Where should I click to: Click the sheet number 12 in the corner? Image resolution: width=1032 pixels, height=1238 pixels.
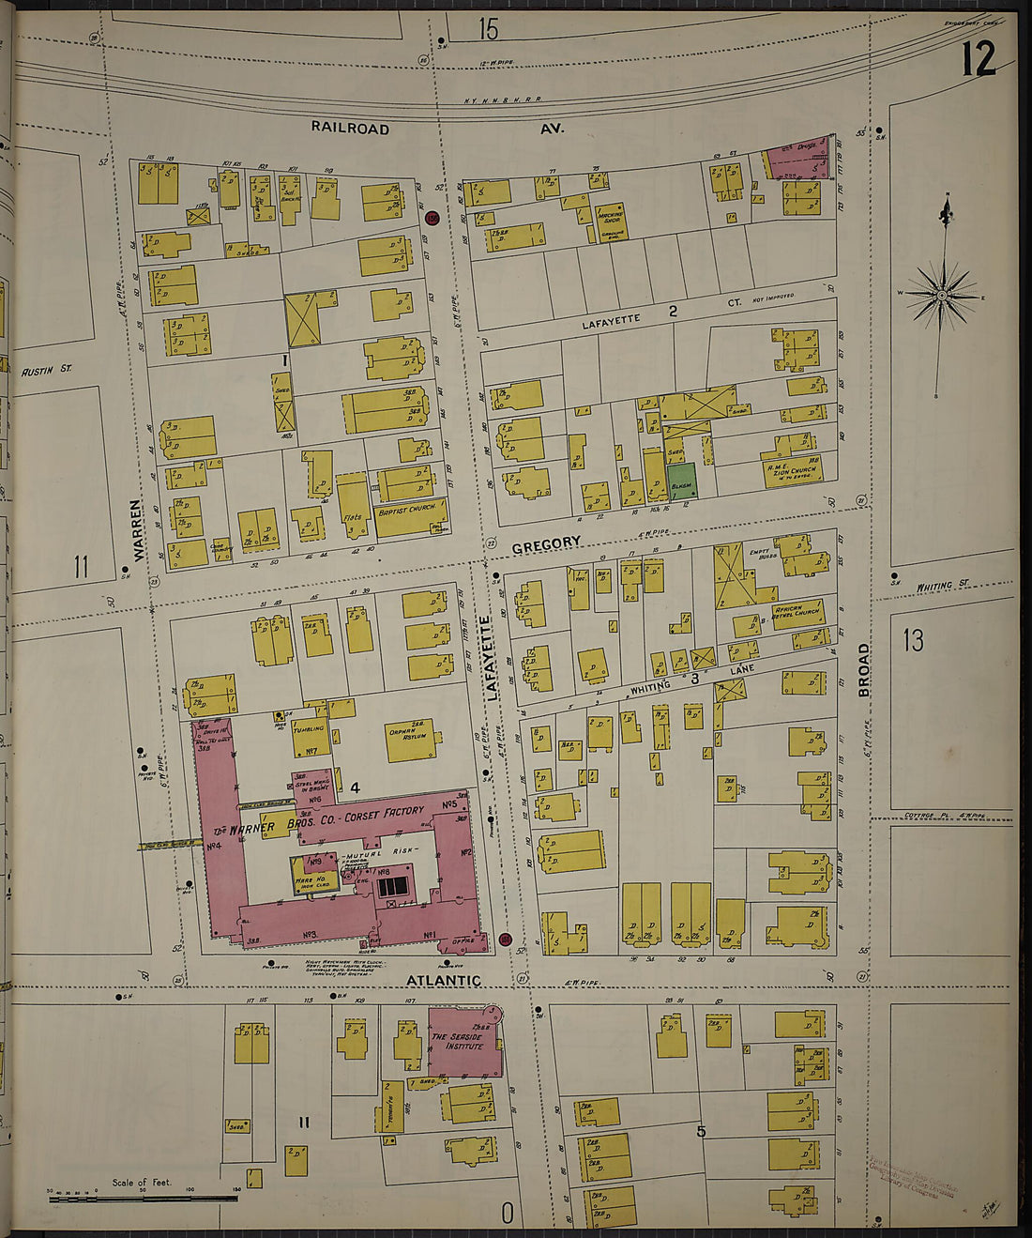(978, 60)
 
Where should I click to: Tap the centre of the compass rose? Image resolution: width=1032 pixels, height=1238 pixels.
(942, 296)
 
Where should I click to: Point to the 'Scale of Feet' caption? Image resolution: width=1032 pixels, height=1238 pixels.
(142, 1182)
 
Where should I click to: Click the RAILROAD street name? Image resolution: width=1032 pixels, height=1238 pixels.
(350, 128)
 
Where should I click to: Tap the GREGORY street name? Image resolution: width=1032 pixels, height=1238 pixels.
(546, 543)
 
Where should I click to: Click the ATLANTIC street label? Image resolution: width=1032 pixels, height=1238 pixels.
(443, 980)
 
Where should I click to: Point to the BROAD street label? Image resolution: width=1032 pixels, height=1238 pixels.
(862, 670)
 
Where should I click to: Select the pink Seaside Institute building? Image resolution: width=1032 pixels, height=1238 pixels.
(463, 1041)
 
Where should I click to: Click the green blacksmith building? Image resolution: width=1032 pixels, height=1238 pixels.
(682, 480)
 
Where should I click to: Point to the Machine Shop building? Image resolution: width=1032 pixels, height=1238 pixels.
(610, 221)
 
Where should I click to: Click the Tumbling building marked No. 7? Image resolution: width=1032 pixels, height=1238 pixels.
(311, 738)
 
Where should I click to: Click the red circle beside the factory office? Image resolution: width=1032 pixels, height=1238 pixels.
(505, 939)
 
